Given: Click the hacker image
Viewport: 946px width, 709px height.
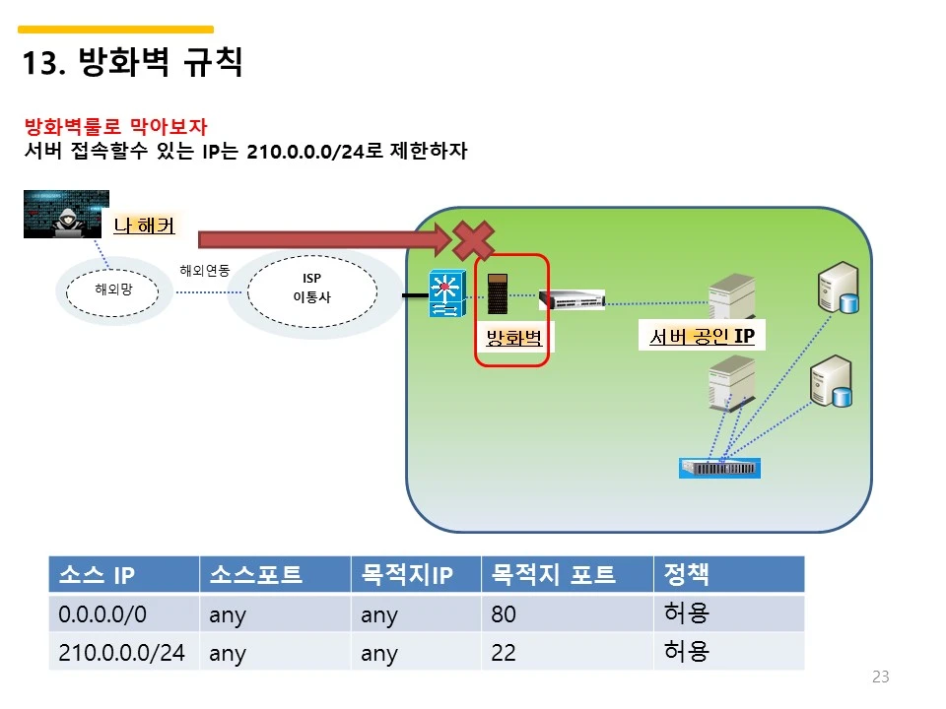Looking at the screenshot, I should [66, 215].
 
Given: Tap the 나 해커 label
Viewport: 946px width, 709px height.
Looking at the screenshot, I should [144, 226].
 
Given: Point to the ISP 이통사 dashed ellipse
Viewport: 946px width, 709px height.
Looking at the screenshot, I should [311, 288].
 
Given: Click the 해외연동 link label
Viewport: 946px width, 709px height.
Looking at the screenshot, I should [204, 270].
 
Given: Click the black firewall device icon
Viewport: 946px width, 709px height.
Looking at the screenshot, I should [498, 292].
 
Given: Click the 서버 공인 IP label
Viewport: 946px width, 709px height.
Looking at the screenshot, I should [702, 337].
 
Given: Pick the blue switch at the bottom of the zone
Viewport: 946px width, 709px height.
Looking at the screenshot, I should [720, 468].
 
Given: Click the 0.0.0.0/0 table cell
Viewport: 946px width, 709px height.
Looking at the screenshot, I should [102, 615].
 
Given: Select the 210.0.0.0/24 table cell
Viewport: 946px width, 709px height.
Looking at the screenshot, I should [122, 653].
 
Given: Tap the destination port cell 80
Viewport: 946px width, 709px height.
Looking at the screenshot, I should [504, 615].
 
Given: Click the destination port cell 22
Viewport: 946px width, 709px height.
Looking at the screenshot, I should [504, 653].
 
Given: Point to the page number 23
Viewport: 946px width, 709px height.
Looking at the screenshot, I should [881, 677].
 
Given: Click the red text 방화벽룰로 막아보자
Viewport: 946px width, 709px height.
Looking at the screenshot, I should [115, 127].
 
